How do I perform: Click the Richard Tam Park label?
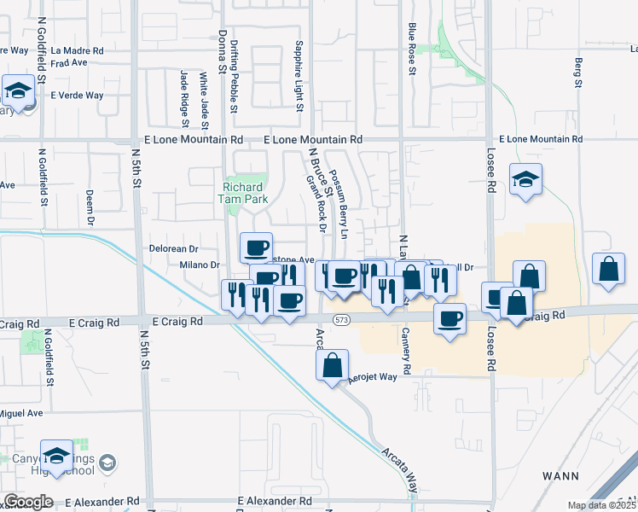[246, 193]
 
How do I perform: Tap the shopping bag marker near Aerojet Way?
[332, 365]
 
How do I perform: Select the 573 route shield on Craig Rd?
[341, 320]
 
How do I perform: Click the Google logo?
[28, 502]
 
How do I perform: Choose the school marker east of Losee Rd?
[525, 180]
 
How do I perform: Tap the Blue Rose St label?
[411, 49]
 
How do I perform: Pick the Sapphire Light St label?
[299, 77]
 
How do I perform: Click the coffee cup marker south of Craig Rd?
[450, 320]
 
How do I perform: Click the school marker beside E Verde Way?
[17, 90]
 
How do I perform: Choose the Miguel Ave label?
[20, 413]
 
